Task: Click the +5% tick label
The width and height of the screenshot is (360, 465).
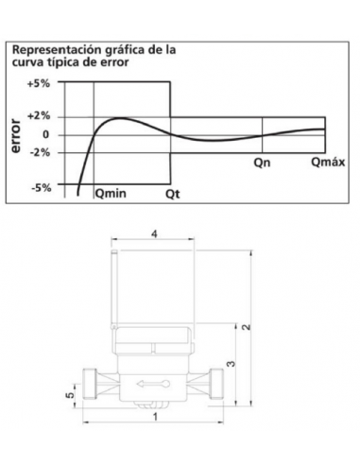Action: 39,84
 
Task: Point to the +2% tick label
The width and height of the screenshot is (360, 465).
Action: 39,116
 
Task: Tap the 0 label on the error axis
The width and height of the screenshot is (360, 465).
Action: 46,135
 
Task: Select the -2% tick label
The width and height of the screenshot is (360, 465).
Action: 40,153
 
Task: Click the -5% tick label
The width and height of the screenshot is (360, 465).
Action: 41,188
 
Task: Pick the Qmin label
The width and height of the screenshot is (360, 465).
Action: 111,194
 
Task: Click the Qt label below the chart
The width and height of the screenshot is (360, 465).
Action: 173,194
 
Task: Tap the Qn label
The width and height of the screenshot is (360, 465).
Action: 262,163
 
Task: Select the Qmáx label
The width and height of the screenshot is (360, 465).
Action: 328,162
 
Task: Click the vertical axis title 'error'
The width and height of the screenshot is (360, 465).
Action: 15,136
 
